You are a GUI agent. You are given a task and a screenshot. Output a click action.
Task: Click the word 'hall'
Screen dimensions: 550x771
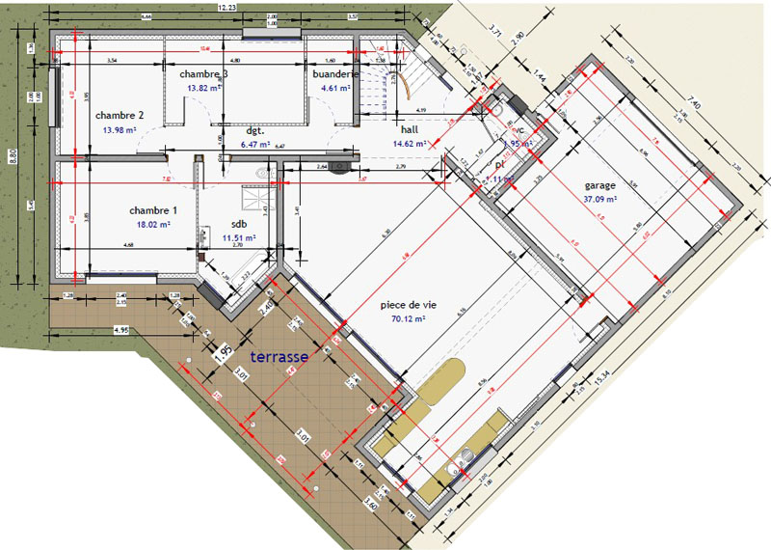pos(410,129)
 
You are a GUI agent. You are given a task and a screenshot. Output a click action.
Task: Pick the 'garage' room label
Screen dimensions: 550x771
pos(599,186)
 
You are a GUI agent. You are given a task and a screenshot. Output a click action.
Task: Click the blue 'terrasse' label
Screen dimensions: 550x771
pos(279,357)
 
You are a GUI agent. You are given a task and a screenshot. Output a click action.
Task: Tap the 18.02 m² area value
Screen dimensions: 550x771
pos(153,224)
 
